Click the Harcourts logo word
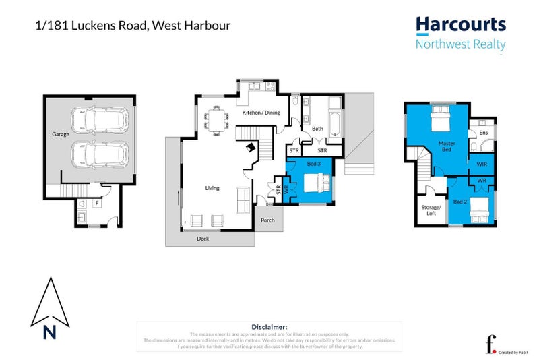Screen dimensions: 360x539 [x=460, y=25]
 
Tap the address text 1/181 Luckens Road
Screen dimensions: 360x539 [x=132, y=26]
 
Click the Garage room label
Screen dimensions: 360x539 [x=61, y=134]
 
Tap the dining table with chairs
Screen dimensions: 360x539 [x=216, y=121]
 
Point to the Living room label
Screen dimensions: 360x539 [x=212, y=188]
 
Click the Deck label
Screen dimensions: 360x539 [x=203, y=238]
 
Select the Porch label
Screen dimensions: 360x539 [x=267, y=220]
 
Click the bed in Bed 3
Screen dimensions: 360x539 [x=315, y=183]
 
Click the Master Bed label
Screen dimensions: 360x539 [x=447, y=146]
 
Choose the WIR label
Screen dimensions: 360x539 [x=482, y=164]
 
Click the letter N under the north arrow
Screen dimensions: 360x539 [x=48, y=332]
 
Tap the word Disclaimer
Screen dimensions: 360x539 [x=269, y=326]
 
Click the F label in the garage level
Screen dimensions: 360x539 [x=96, y=202]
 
